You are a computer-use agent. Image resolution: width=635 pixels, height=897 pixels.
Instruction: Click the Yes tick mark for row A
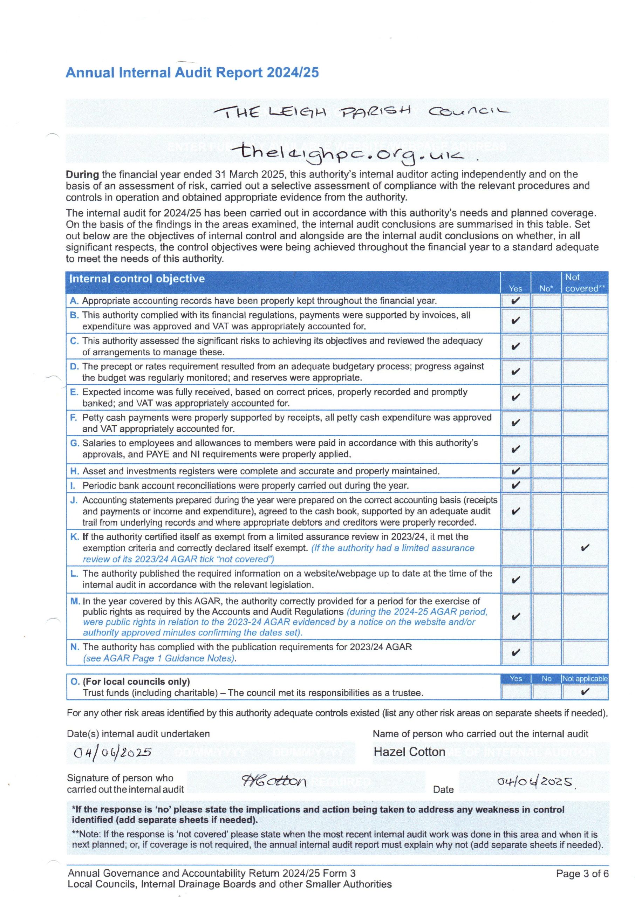(x=516, y=301)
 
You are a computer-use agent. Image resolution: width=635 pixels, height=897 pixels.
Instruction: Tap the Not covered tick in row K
(x=585, y=548)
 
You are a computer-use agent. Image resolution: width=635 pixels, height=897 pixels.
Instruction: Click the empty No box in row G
(x=546, y=449)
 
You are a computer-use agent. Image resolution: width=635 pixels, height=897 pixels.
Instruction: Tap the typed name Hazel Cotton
(x=409, y=752)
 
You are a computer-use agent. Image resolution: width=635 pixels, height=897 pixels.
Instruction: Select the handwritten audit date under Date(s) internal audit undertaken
(x=112, y=752)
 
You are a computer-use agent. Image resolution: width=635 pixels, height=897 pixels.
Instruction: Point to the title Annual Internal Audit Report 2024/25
(x=192, y=72)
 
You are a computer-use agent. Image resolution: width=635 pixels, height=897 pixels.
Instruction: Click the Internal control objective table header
(x=137, y=279)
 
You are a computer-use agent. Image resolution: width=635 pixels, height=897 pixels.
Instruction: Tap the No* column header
(x=546, y=288)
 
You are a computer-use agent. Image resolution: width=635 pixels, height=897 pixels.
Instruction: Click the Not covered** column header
(x=585, y=283)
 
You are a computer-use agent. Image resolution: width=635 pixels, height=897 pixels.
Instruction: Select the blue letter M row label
(x=75, y=601)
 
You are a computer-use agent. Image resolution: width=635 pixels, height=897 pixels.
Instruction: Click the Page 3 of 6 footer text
(x=582, y=874)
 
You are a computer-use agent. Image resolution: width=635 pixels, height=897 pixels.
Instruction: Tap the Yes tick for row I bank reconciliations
(x=516, y=485)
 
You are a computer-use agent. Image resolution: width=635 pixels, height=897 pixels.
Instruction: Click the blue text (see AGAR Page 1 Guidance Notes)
(x=159, y=658)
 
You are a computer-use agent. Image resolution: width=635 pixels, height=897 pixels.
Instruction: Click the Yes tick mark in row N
(x=516, y=652)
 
